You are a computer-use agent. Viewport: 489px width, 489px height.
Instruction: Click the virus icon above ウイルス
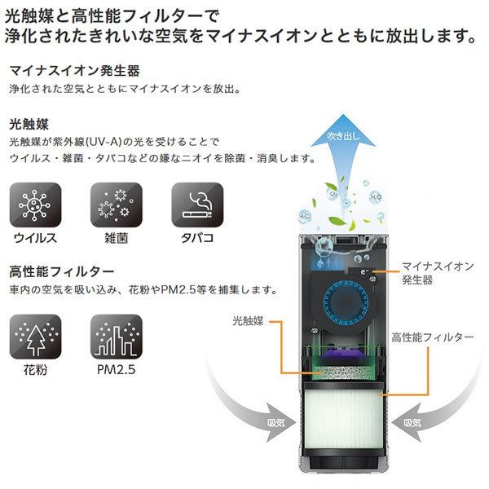(34, 205)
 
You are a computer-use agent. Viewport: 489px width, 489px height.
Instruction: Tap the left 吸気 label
(278, 424)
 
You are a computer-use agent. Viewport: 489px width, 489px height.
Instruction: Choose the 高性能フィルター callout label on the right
(431, 336)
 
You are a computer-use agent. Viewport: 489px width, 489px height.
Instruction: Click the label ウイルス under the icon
(34, 239)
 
